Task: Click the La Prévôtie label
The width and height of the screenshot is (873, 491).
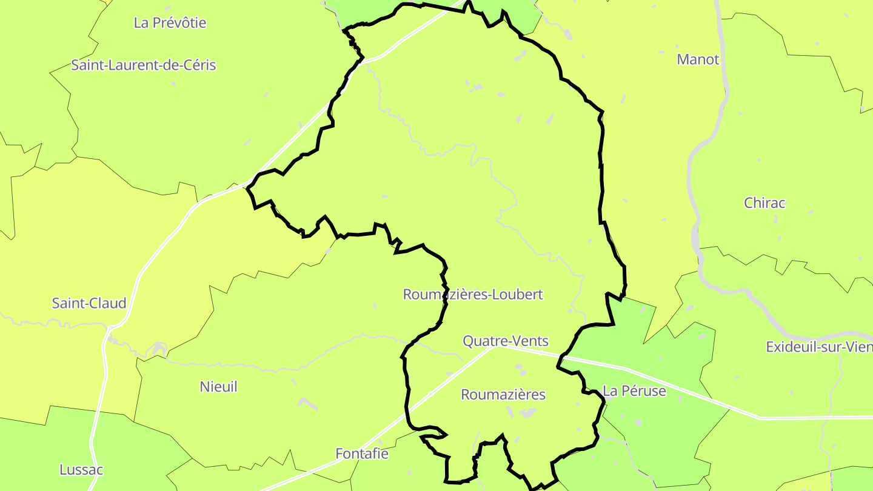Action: click(x=170, y=23)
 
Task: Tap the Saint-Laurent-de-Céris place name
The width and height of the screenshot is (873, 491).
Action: click(x=143, y=65)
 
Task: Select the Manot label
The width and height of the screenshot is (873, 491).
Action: click(x=698, y=59)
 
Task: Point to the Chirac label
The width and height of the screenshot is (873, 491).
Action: click(x=764, y=203)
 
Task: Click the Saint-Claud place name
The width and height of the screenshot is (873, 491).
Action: click(x=89, y=303)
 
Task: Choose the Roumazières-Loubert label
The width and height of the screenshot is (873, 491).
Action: click(x=473, y=295)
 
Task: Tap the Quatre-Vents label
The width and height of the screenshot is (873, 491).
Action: click(x=506, y=341)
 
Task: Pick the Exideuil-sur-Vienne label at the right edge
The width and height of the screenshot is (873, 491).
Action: click(x=818, y=347)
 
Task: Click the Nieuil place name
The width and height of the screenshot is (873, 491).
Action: click(x=218, y=387)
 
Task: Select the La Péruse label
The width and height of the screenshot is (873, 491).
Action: click(x=634, y=391)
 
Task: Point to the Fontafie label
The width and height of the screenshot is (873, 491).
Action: click(x=362, y=453)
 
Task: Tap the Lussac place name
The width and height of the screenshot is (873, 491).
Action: click(x=81, y=470)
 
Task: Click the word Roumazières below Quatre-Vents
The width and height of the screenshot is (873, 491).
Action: click(x=503, y=395)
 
